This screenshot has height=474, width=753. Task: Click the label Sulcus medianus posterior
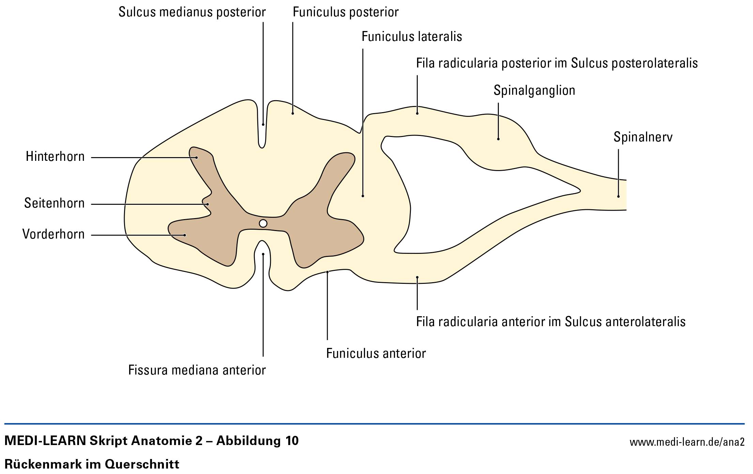click(192, 12)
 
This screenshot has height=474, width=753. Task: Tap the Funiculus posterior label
click(345, 12)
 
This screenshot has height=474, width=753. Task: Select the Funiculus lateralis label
click(412, 36)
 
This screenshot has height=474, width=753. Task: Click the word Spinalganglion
click(534, 90)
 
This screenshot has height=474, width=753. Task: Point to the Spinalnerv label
click(643, 137)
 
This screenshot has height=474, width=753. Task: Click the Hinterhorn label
click(55, 157)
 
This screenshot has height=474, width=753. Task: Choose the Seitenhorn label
click(54, 203)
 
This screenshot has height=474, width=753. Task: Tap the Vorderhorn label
click(53, 234)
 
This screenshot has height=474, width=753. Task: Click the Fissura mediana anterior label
click(197, 370)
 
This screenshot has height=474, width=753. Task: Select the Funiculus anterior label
click(376, 353)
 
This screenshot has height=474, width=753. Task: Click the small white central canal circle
click(263, 224)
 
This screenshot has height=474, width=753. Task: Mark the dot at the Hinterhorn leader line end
click(197, 157)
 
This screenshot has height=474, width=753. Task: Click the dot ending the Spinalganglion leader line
click(498, 139)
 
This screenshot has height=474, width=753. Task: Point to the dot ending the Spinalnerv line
click(618, 197)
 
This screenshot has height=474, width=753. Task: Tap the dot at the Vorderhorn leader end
click(185, 235)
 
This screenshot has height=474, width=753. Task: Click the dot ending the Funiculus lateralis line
click(363, 196)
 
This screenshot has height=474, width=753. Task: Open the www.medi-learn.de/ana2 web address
click(687, 442)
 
